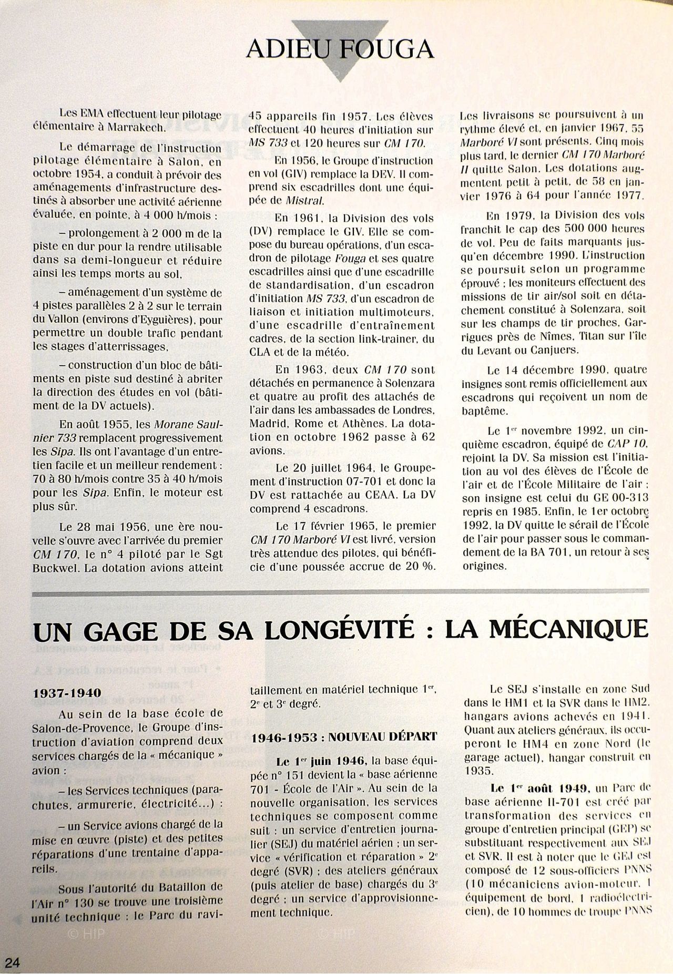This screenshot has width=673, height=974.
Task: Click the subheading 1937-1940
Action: (x=67, y=692)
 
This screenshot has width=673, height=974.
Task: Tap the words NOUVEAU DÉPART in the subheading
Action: (x=382, y=736)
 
